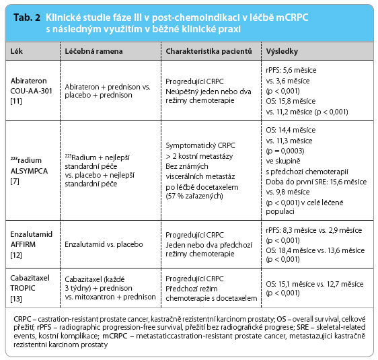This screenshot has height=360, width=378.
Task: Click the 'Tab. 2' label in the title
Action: pyautogui.click(x=27, y=17)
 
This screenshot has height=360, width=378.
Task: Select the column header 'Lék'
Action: pyautogui.click(x=16, y=51)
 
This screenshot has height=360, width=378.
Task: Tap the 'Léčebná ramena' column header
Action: pyautogui.click(x=93, y=51)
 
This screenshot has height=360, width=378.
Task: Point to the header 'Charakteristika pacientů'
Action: pyautogui.click(x=209, y=51)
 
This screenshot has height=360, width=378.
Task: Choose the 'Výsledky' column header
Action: pyautogui.click(x=282, y=51)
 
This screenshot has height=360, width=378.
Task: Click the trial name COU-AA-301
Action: pyautogui.click(x=31, y=91)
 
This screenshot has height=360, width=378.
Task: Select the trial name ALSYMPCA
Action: pyautogui.click(x=29, y=171)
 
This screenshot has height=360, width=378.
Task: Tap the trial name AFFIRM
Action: pyautogui.click(x=23, y=244)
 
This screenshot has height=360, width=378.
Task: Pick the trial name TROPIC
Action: pyautogui.click(x=23, y=288)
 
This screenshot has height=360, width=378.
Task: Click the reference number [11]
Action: pyautogui.click(x=16, y=101)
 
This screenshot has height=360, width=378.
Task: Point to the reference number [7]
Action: pyautogui.click(x=15, y=181)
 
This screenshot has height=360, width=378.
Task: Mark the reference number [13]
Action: pyautogui.click(x=16, y=299)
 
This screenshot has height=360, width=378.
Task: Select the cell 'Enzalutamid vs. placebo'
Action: pyautogui.click(x=104, y=244)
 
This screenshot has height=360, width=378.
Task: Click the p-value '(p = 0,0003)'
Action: pyautogui.click(x=285, y=151)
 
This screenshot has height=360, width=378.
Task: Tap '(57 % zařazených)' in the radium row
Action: pyautogui.click(x=194, y=196)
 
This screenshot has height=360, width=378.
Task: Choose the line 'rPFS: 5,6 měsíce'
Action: pyautogui.click(x=291, y=70)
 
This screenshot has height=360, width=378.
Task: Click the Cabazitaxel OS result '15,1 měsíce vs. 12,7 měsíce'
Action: pyautogui.click(x=321, y=284)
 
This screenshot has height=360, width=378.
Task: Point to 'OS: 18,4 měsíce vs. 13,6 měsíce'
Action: pyautogui.click(x=315, y=250)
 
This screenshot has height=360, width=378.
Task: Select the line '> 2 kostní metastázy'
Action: pyautogui.click(x=199, y=156)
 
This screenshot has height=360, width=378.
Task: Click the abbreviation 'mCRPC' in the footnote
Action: pyautogui.click(x=115, y=336)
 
